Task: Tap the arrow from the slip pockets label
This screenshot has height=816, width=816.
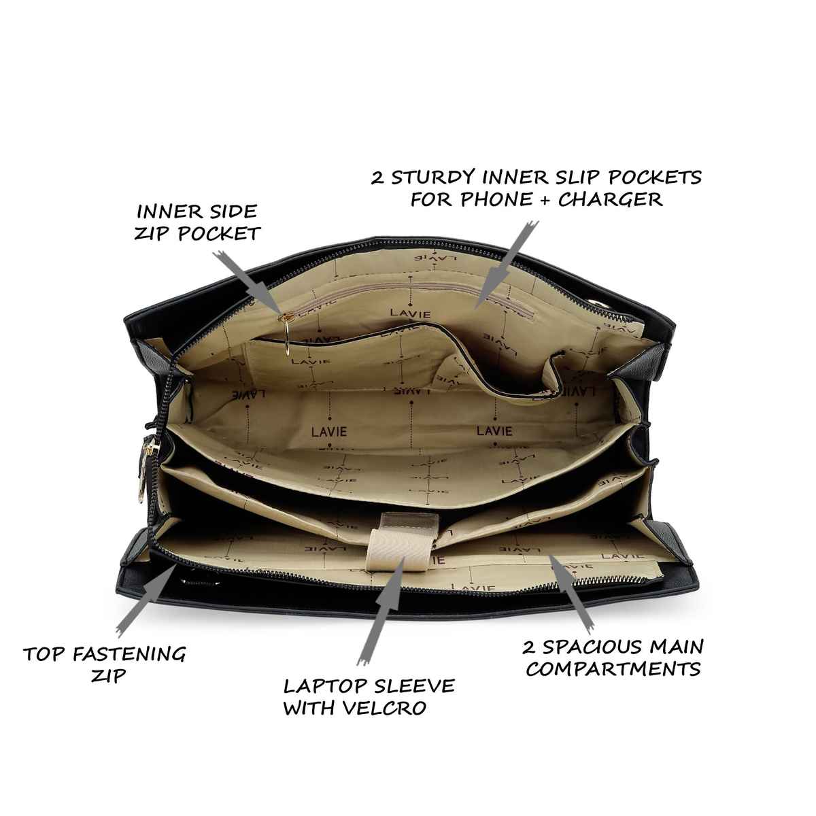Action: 507,264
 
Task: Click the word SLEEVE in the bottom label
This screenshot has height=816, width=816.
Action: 413,686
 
